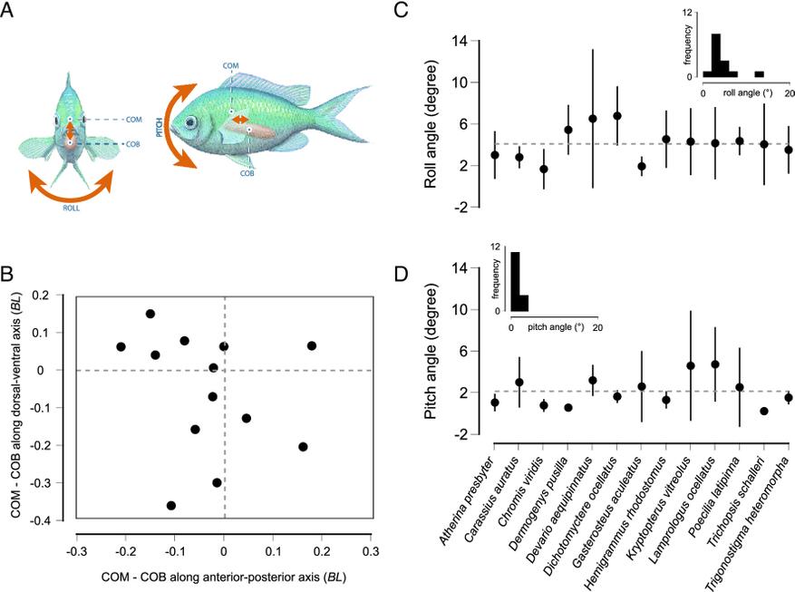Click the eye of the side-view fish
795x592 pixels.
(190, 121)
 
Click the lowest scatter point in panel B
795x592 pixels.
(171, 505)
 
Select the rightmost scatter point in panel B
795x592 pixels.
(312, 345)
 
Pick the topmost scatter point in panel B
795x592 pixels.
(150, 314)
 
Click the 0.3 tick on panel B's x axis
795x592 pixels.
(370, 549)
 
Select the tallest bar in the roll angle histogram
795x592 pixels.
(716, 55)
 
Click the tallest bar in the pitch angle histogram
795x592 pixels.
(515, 280)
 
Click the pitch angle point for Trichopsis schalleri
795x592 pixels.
(764, 411)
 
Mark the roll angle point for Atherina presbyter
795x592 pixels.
(494, 155)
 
